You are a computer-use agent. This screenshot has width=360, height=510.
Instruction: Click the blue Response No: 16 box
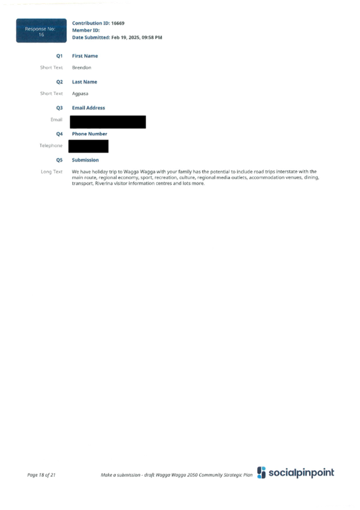(41, 31)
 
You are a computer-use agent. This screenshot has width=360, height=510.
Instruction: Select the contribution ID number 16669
(118, 23)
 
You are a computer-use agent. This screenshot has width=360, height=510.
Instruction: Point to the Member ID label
(86, 30)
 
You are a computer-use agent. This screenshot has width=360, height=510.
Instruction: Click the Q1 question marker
(59, 56)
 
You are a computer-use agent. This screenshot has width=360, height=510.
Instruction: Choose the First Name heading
(85, 56)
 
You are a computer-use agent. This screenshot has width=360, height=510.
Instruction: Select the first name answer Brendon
(82, 67)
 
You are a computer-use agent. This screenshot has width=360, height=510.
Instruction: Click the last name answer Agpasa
(80, 94)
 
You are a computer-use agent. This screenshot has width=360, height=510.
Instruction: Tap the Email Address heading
(88, 108)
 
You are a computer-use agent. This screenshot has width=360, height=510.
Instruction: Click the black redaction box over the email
(108, 122)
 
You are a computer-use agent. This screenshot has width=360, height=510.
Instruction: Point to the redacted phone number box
(88, 146)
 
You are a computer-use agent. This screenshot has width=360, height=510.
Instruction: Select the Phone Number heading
(90, 134)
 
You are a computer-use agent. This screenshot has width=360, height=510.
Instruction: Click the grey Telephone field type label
(51, 146)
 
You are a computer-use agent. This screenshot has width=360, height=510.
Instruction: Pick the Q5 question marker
(59, 160)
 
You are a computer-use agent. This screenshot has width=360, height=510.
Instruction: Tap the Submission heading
(85, 160)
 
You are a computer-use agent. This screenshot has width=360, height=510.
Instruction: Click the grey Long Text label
(52, 172)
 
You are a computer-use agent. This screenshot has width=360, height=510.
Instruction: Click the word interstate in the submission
(287, 171)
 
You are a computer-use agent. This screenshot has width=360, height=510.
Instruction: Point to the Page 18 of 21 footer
(41, 475)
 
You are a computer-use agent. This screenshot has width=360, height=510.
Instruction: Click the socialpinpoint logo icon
(261, 473)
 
